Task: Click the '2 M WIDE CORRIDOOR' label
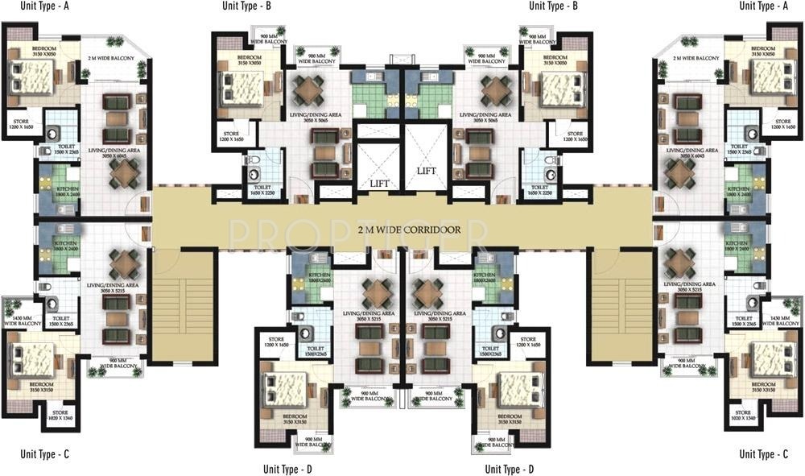[409, 230]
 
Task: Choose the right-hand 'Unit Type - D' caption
[510, 469]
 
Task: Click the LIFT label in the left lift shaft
[380, 184]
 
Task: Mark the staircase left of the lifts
[183, 304]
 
